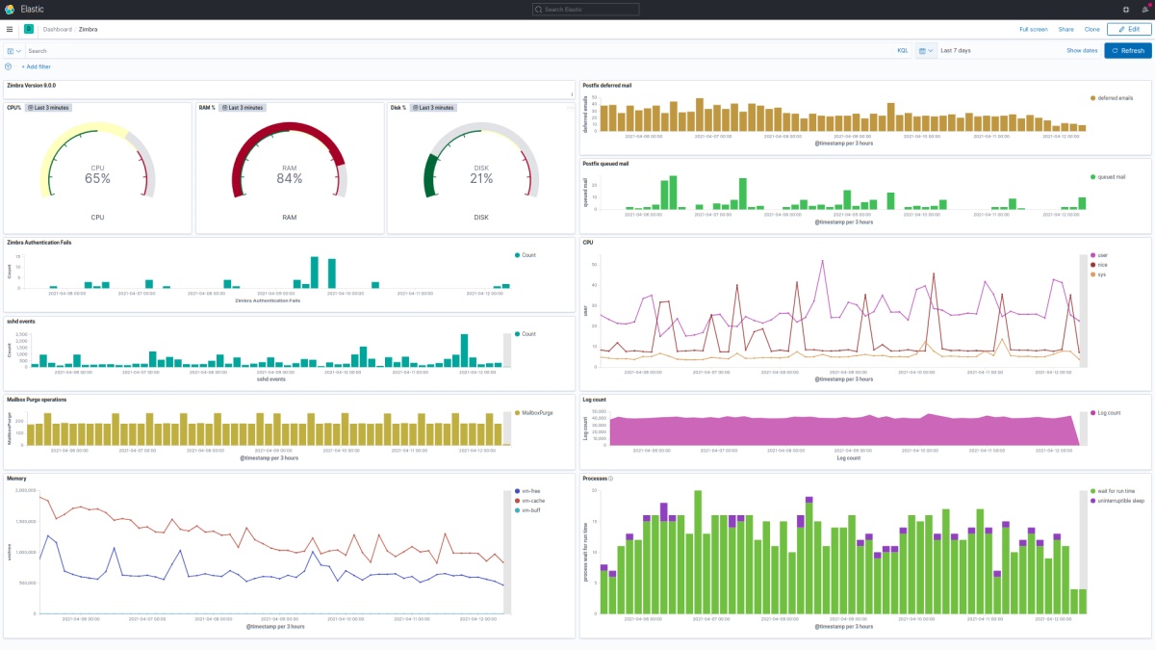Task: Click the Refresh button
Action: pos(1127,50)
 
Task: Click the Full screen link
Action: pos(1033,29)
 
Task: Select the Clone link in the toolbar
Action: pos(1091,29)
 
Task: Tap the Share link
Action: pos(1065,29)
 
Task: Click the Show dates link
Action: pos(1082,50)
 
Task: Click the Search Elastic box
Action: pos(585,9)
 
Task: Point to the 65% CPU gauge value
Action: pos(97,178)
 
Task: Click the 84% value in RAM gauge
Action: pos(290,178)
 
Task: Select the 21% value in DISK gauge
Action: pos(481,178)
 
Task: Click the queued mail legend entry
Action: pos(1113,177)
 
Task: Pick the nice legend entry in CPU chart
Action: pos(1103,265)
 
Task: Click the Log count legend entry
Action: pos(1108,412)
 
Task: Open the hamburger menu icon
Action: pos(10,29)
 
